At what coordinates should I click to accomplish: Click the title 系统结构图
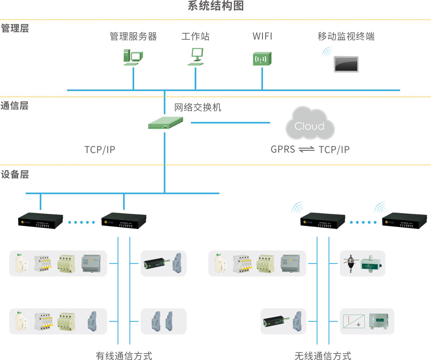tap(215, 6)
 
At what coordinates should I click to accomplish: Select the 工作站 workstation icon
tap(196, 57)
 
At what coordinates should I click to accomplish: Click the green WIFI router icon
tap(262, 59)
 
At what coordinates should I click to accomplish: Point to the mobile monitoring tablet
tap(346, 64)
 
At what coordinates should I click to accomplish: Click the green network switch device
tap(165, 123)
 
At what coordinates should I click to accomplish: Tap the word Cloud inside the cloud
tap(309, 126)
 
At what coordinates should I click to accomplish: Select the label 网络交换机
tap(198, 107)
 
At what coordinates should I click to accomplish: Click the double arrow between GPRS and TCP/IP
tap(306, 150)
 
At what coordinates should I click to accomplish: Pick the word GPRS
tap(283, 150)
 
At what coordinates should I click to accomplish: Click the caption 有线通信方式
tap(124, 355)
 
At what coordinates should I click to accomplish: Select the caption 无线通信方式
tap(323, 355)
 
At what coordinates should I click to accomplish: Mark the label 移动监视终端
tap(346, 36)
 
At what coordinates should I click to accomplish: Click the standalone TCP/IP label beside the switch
tap(100, 150)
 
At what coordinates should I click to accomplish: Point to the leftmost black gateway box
tap(41, 221)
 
